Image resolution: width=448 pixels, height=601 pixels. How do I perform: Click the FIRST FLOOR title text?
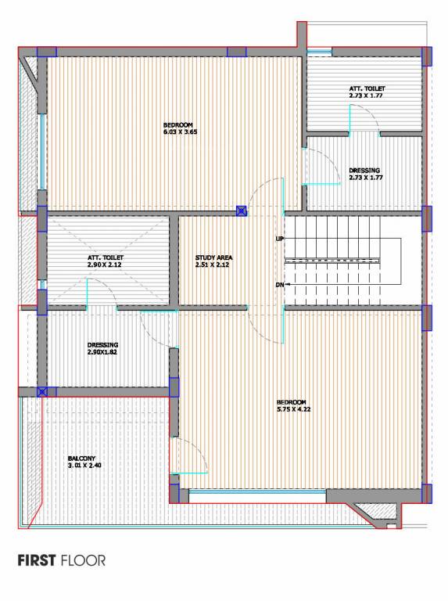point(61,560)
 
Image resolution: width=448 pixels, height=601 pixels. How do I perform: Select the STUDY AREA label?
point(214,257)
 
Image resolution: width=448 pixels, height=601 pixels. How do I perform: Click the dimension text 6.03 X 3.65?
point(180,132)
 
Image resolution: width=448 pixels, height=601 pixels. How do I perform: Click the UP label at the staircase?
point(279,238)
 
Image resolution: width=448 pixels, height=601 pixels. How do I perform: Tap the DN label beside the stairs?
point(279,284)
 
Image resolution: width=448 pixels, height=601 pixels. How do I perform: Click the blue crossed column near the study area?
point(242,211)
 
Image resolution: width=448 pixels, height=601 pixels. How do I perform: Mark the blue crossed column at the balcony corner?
point(42,391)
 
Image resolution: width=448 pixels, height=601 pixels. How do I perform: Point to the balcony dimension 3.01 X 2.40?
point(85,466)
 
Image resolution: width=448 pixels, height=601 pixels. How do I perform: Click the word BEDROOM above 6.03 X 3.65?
point(178,124)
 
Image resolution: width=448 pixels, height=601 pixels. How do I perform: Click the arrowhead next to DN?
point(289,284)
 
